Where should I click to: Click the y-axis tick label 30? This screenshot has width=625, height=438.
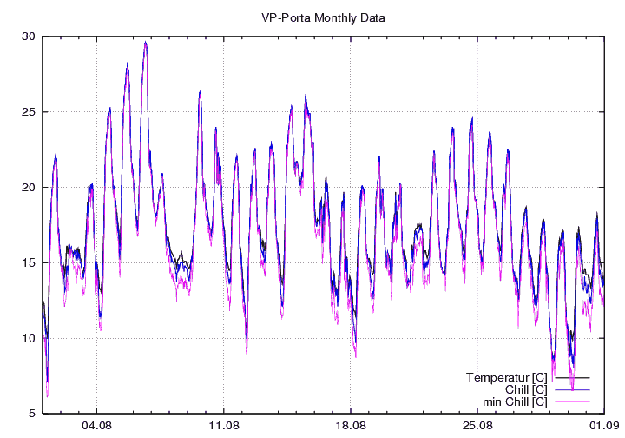click(28, 36)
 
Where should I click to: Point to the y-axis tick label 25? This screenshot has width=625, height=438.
click(28, 112)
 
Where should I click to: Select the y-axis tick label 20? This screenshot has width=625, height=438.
click(28, 188)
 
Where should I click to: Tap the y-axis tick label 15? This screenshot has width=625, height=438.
click(28, 262)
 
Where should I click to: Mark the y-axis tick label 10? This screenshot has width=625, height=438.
click(28, 338)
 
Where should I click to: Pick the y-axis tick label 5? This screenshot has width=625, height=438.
click(31, 414)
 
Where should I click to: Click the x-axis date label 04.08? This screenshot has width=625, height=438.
click(96, 426)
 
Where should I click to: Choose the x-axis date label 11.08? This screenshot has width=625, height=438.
click(224, 426)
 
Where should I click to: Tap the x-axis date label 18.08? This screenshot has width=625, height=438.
click(351, 426)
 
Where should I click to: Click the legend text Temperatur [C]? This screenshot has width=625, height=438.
click(506, 377)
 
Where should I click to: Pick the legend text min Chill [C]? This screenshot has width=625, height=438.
click(514, 401)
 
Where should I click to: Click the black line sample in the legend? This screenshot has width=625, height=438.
click(572, 378)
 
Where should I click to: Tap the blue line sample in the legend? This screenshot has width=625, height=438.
click(572, 390)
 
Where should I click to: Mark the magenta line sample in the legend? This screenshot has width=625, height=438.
click(572, 402)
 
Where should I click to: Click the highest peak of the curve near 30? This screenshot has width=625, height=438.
click(146, 42)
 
